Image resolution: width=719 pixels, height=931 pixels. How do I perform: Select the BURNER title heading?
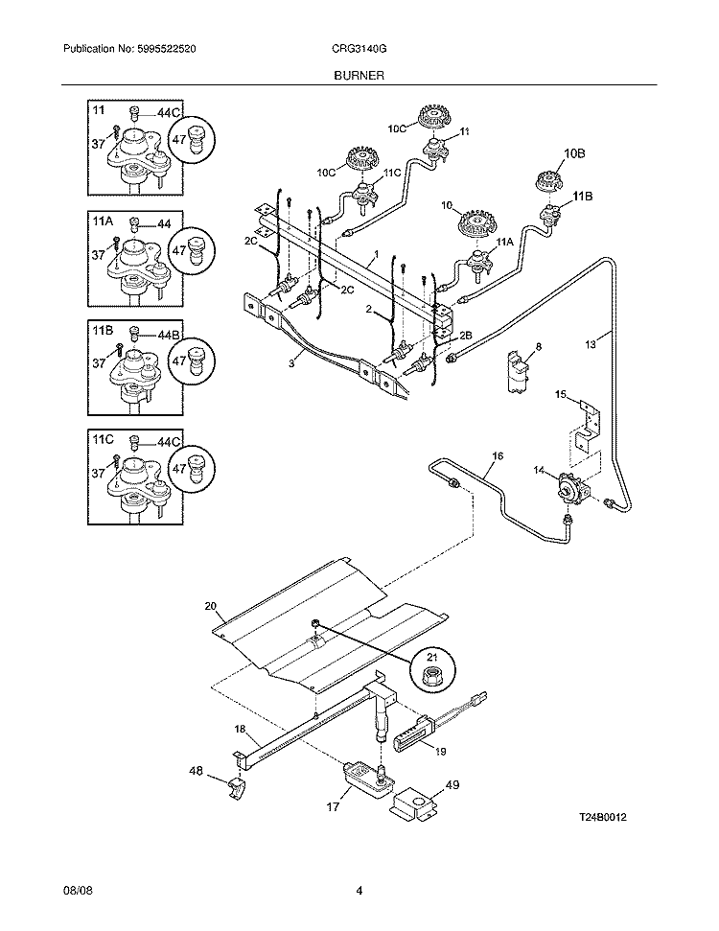(359, 74)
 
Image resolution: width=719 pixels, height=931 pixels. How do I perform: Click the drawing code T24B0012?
(607, 817)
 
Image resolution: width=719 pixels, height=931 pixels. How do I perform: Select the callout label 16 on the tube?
(497, 455)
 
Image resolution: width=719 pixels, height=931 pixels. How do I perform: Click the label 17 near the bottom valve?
(333, 806)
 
